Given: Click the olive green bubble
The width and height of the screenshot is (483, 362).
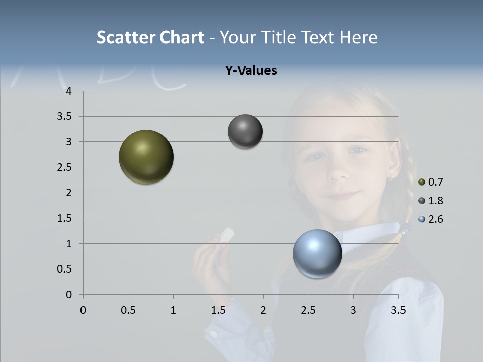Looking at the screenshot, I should click(146, 157).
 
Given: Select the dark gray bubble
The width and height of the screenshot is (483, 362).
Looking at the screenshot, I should click(245, 132).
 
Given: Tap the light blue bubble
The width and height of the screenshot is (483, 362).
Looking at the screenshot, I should click(317, 254).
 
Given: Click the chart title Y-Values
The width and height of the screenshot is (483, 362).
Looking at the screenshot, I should click(251, 71).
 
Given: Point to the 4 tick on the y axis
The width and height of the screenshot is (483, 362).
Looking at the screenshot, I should click(69, 91).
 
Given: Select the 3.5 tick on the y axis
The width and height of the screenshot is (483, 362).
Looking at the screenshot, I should click(65, 117).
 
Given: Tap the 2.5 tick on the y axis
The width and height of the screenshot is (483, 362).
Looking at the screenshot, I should click(65, 167).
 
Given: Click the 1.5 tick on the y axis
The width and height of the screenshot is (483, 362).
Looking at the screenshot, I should click(65, 218).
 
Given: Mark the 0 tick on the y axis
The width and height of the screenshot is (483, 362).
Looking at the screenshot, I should click(69, 295).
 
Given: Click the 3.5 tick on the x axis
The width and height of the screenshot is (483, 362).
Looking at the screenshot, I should click(398, 310).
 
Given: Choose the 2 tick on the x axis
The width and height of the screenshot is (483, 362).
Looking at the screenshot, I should click(263, 310).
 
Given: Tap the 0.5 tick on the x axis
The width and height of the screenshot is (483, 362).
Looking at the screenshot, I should click(128, 310).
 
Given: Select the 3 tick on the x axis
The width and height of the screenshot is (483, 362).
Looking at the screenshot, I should click(353, 310).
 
